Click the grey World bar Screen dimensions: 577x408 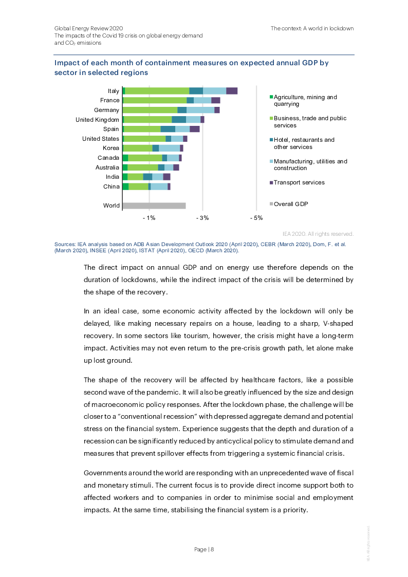point(154,206)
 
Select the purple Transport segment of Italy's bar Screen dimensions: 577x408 point(232,91)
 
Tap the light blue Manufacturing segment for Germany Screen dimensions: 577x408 point(200,110)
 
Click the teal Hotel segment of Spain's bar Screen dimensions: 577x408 point(168,129)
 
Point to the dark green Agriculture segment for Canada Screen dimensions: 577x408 point(125,158)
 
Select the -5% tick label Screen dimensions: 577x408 point(256,218)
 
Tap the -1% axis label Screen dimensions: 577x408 point(149,218)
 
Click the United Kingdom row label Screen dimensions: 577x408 point(97,120)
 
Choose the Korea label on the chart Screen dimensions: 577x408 point(111,148)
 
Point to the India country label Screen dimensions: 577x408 point(113,177)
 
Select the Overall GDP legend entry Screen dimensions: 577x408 point(291,204)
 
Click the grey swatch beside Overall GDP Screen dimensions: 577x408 point(271,204)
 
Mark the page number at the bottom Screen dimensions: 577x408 point(204,549)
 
